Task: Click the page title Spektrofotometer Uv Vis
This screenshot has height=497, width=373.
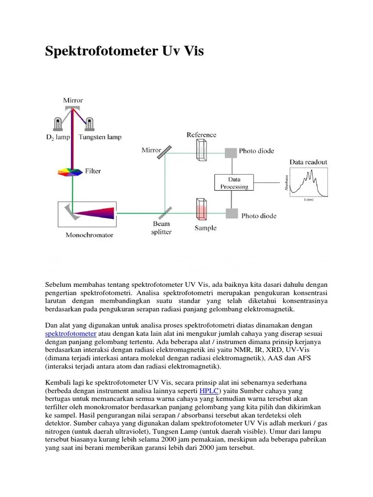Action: (124, 50)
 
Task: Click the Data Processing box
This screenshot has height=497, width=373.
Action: (234, 182)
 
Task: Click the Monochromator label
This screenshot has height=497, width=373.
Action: (89, 235)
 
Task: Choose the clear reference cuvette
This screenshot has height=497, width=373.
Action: (202, 149)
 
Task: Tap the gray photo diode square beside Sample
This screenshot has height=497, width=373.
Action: (231, 213)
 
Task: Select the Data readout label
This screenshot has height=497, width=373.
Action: (308, 162)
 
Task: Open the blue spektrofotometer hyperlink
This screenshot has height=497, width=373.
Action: (71, 334)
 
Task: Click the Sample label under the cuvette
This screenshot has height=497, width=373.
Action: (205, 228)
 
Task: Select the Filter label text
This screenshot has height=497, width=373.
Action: (93, 171)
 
